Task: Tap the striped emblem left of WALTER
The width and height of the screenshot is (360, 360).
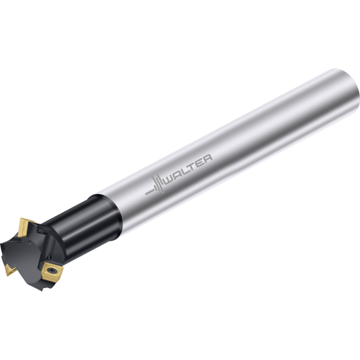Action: pyautogui.click(x=155, y=186)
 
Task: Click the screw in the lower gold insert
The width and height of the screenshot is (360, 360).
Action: pyautogui.click(x=53, y=270)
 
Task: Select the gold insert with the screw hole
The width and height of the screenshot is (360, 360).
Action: pyautogui.click(x=52, y=272)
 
